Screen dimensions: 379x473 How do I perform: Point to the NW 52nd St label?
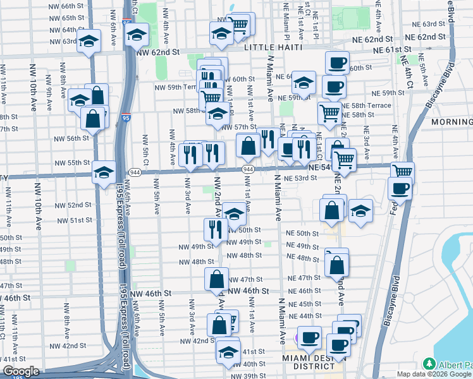point(74,205)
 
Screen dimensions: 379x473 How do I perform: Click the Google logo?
point(20,371)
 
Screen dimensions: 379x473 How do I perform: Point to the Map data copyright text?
point(434,374)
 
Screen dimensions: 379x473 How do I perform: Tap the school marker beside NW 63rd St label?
point(89,42)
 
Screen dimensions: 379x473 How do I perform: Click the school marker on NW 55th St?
point(104,172)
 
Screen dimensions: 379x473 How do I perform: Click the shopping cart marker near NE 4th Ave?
point(402,171)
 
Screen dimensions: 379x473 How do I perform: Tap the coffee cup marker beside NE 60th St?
point(337,63)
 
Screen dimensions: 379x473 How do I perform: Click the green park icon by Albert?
point(430,364)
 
